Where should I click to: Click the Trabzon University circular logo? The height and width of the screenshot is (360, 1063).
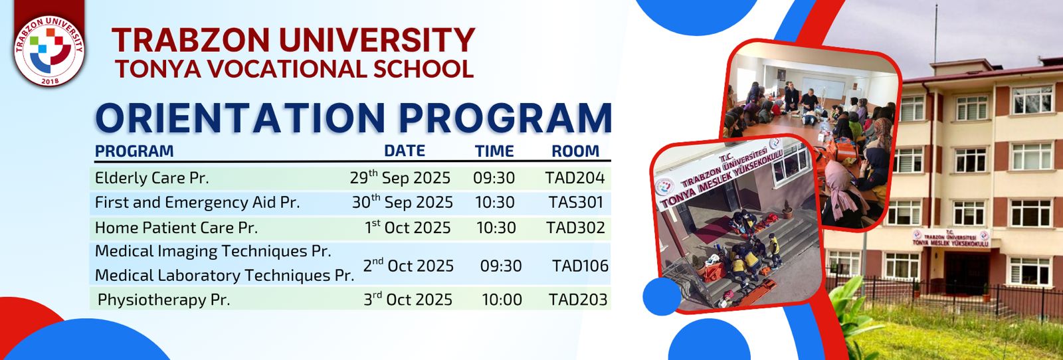[49, 51]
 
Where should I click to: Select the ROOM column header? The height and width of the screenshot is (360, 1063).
[575, 151]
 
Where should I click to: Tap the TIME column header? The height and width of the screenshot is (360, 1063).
[494, 151]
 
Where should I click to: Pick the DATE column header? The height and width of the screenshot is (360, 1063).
[405, 151]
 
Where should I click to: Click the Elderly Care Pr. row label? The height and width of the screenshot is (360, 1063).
[152, 178]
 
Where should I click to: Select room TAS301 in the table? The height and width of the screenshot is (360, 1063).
[575, 203]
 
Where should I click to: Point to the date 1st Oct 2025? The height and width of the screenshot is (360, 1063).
[408, 227]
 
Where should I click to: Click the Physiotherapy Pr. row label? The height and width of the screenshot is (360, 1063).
[163, 300]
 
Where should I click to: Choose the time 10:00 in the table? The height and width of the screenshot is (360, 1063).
[502, 300]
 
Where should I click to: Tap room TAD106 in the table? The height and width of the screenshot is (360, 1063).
[581, 266]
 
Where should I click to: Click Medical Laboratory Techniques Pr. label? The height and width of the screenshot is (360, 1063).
[225, 276]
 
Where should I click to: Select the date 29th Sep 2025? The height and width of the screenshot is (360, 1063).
[400, 178]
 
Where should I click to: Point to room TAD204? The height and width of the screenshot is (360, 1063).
[575, 178]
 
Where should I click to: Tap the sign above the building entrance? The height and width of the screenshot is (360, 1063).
[951, 238]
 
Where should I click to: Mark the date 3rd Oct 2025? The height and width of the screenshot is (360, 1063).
[408, 300]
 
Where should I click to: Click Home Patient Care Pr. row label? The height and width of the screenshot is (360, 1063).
[177, 228]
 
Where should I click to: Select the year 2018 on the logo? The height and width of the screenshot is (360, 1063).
[50, 81]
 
